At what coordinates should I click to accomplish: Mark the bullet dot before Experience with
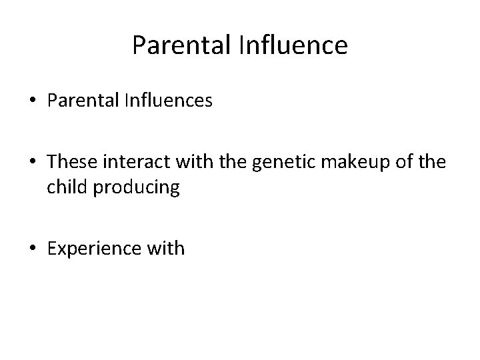[x=33, y=249]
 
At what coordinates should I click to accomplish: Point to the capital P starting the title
[x=138, y=45]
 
